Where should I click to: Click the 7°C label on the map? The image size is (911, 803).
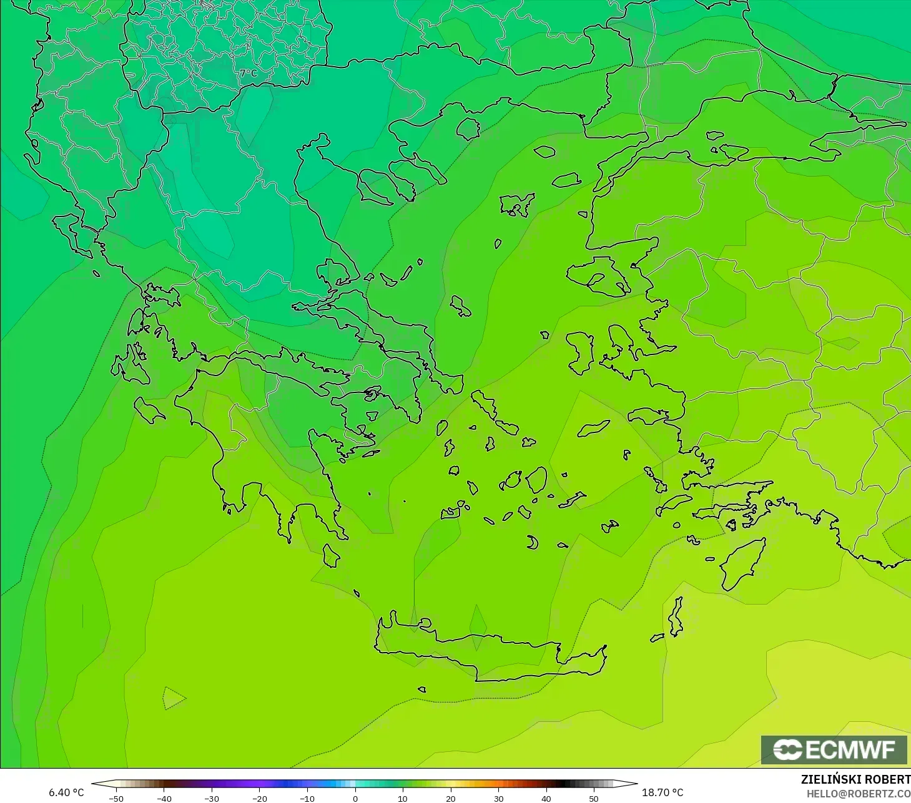(x=249, y=73)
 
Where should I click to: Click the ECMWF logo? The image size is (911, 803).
(x=834, y=749)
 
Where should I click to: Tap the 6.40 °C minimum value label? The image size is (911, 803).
(x=66, y=792)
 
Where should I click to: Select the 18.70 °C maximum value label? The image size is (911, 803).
(x=662, y=792)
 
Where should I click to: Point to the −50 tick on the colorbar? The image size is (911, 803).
(x=116, y=798)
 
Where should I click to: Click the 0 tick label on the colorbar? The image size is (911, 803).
(x=355, y=798)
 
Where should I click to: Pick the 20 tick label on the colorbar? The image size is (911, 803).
(x=450, y=798)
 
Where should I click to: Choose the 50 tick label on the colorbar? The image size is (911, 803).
(x=594, y=798)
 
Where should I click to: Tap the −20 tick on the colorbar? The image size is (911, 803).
(x=259, y=798)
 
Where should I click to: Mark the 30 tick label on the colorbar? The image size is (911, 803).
(x=498, y=798)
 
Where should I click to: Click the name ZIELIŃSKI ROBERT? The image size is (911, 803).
(x=855, y=779)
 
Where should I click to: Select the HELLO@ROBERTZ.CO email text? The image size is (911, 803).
(x=859, y=794)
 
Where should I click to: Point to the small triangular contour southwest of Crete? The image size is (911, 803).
(x=173, y=698)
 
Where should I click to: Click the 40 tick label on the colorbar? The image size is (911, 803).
(x=546, y=798)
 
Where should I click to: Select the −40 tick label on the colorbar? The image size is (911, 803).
(x=164, y=798)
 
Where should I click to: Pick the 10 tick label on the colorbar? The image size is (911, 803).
(x=403, y=798)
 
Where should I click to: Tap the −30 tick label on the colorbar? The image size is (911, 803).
(x=212, y=798)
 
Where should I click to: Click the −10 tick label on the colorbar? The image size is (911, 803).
(x=307, y=798)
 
